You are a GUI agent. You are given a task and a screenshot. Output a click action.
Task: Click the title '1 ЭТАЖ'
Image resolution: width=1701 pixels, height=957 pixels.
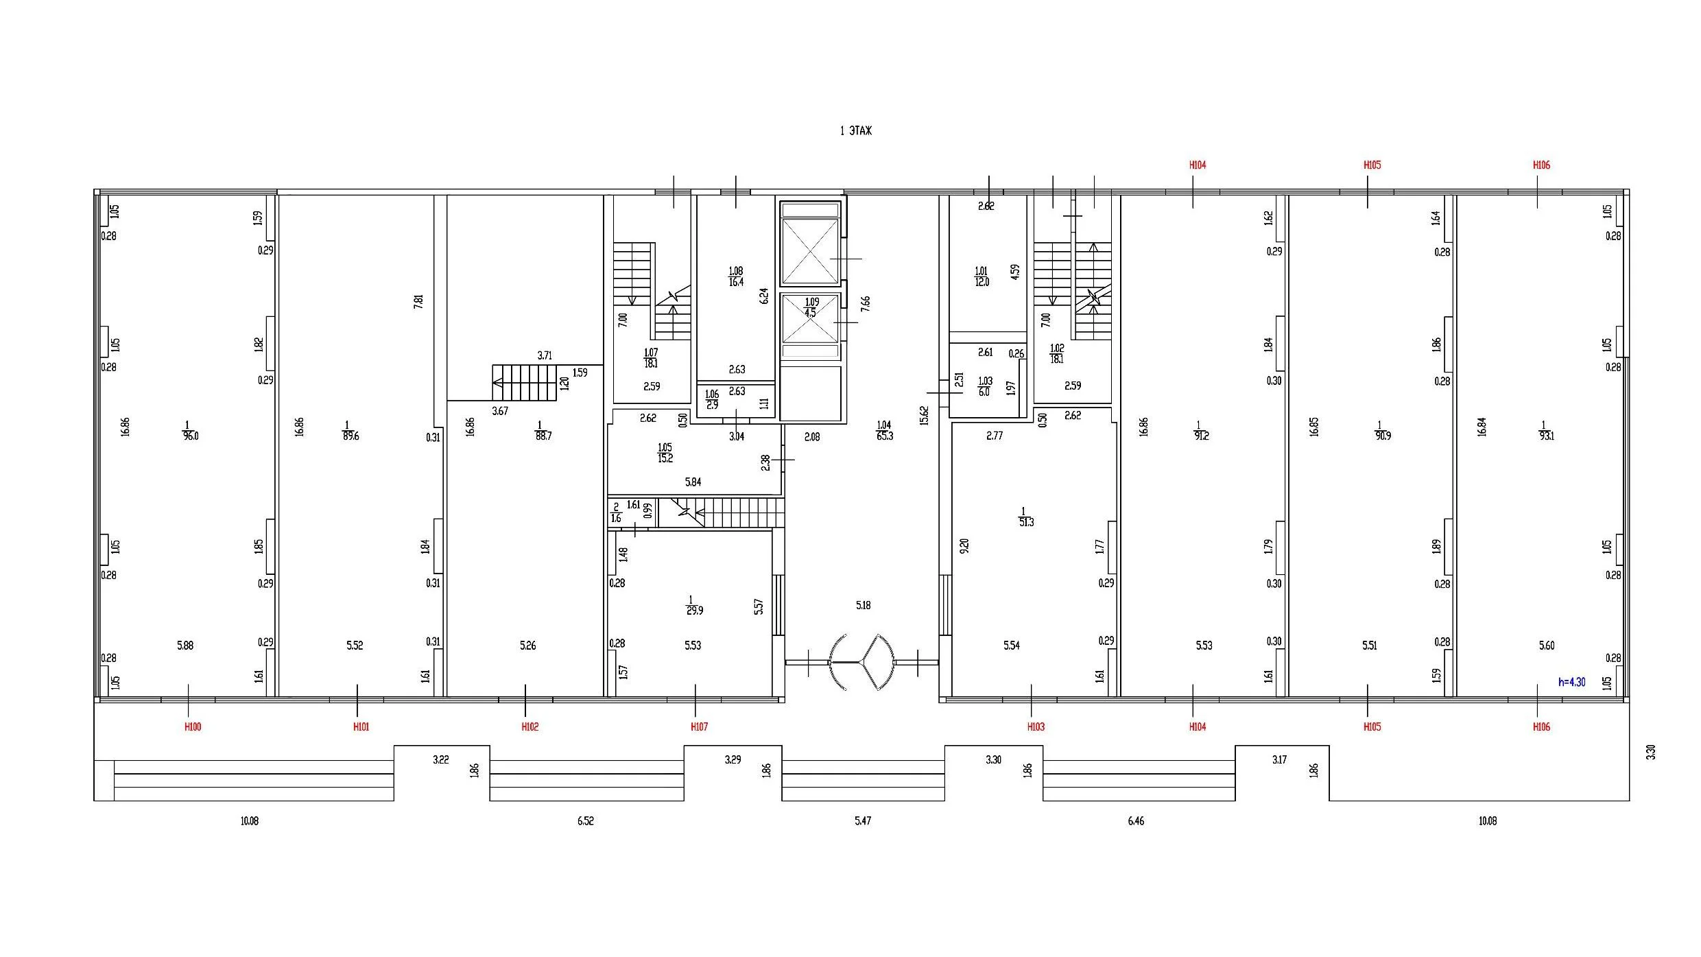[856, 131]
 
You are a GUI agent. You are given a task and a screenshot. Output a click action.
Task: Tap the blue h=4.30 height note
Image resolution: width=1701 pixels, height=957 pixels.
[1572, 683]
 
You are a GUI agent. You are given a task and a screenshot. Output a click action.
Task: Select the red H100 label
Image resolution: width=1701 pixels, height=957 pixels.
[193, 727]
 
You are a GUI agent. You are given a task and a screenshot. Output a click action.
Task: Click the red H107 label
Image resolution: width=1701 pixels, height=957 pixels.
[699, 727]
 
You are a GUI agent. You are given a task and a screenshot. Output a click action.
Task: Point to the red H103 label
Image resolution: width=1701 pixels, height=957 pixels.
[1036, 727]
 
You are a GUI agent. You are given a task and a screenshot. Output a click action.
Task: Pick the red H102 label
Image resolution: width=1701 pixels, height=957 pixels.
[530, 727]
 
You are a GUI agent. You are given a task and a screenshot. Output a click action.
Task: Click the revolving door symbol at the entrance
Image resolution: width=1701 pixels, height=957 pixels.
[862, 662]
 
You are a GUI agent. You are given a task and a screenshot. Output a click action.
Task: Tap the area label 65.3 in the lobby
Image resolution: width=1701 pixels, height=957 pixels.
[885, 436]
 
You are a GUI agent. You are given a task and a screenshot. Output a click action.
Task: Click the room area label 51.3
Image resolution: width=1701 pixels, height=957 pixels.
[1026, 523]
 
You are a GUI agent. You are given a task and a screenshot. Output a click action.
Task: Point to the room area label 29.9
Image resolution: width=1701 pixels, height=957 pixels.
[695, 611]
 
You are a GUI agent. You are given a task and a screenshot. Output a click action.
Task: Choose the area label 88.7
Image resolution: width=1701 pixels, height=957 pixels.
[543, 436]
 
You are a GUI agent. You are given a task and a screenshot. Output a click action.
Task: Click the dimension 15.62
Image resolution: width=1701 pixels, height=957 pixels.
[924, 416]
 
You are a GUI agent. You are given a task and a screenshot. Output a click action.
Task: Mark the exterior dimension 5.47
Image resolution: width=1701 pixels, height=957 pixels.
[863, 821]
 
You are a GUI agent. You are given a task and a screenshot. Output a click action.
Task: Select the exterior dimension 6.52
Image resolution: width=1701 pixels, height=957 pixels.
[585, 821]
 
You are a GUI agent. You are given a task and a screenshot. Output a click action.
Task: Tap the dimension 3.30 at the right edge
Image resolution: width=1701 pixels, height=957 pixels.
[1651, 753]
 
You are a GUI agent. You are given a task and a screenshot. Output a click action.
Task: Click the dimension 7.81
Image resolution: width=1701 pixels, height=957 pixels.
[418, 301]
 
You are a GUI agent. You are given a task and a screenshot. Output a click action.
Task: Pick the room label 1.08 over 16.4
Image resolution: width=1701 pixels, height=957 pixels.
[736, 276]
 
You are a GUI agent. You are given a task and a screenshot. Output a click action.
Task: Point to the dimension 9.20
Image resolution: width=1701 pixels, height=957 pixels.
[964, 546]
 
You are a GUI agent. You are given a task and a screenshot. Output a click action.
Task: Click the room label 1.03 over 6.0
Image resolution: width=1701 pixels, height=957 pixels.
[985, 386]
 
